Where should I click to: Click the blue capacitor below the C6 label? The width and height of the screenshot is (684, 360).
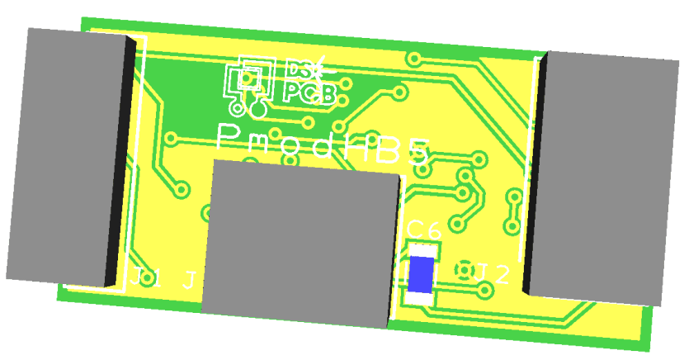pos(422,274)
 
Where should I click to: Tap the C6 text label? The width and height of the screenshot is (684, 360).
pos(425,230)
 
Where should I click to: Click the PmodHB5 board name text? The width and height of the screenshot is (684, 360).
pos(323,145)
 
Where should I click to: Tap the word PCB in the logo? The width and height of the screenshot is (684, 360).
pos(309,92)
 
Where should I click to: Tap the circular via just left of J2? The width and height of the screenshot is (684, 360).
pos(464,270)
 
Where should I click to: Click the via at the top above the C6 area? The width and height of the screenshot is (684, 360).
pos(415,59)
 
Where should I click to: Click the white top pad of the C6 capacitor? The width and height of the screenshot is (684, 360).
pos(425,249)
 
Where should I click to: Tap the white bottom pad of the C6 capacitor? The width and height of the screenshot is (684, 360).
pos(418,298)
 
